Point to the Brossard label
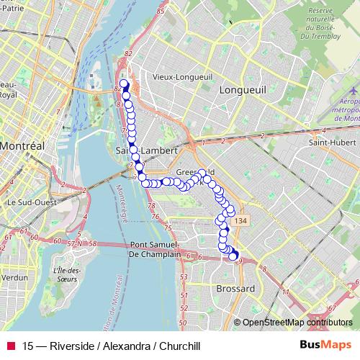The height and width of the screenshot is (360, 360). tap(235, 289)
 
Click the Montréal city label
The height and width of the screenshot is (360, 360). tap(22, 145)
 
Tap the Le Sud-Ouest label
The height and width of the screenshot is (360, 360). tap(32, 203)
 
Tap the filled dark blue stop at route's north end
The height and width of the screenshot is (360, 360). tap(125, 84)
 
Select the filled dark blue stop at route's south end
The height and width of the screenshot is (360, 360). tap(233, 256)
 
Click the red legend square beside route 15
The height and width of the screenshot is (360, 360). tap(10, 346)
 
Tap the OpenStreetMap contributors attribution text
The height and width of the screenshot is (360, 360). tap(297, 323)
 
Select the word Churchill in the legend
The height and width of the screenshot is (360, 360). tap(178, 346)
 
